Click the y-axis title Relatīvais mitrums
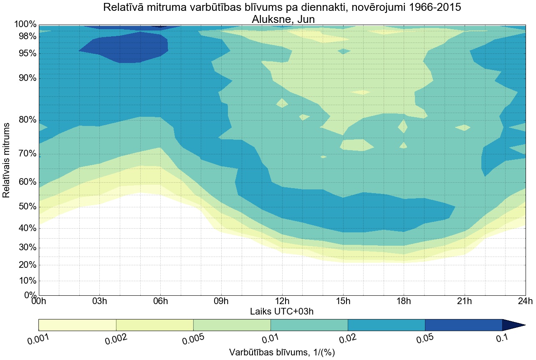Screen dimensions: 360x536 (x=7, y=160)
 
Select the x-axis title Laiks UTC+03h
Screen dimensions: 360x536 (x=282, y=311)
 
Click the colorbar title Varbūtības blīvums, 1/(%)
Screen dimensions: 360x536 (x=282, y=352)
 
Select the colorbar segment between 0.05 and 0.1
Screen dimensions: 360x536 (x=463, y=325)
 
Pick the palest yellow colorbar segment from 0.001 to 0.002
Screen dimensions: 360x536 (x=77, y=325)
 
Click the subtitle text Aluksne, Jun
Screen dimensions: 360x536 (x=282, y=19)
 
